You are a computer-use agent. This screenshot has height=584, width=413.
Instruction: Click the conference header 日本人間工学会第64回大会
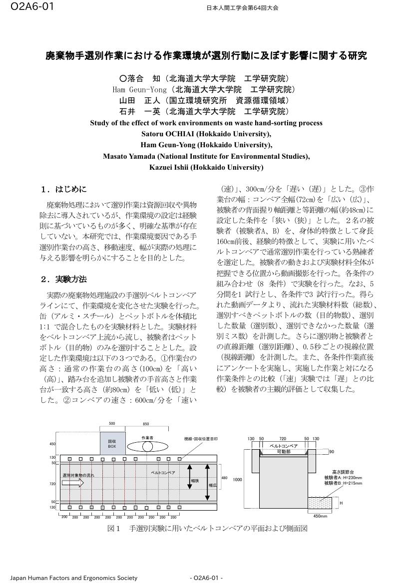pyautogui.click(x=242, y=8)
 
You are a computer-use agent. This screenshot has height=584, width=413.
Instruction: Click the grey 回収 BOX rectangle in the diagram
pyautogui.click(x=112, y=444)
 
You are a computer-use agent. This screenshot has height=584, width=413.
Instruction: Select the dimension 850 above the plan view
pyautogui.click(x=146, y=424)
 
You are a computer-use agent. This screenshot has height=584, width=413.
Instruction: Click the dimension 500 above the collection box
pyautogui.click(x=112, y=424)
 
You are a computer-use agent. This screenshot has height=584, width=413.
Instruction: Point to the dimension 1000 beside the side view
pyautogui.click(x=237, y=480)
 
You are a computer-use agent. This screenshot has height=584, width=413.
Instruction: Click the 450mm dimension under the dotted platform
pyautogui.click(x=320, y=517)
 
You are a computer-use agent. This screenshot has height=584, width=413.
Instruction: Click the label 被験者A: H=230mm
pyautogui.click(x=343, y=478)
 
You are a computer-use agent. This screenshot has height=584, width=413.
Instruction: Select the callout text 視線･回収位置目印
pyautogui.click(x=201, y=439)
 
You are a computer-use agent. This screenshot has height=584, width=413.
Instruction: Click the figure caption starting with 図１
pyautogui.click(x=207, y=528)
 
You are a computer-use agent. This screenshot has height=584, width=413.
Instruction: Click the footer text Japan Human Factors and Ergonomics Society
pyautogui.click(x=74, y=578)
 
